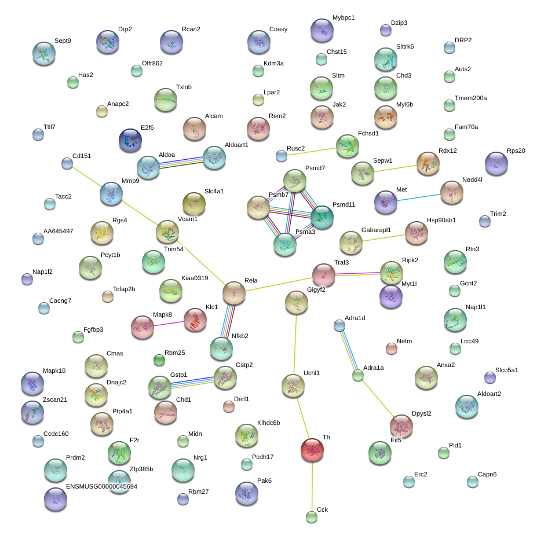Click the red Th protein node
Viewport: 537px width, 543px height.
[312, 450]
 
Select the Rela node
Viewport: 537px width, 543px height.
[234, 293]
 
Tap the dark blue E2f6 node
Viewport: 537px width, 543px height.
[130, 140]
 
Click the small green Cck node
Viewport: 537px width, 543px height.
[312, 517]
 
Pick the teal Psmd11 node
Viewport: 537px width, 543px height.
[322, 217]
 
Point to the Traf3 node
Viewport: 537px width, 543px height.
[324, 275]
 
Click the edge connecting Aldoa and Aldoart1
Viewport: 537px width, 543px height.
[181, 162]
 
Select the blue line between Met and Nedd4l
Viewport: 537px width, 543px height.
[418, 198]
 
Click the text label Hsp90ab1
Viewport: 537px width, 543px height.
[441, 220]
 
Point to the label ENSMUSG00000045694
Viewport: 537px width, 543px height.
[101, 486]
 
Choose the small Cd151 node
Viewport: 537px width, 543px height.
[67, 163]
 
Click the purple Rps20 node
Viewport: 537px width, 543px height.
[496, 163]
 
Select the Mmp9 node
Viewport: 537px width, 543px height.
[111, 193]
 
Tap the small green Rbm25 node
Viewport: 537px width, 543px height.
[159, 360]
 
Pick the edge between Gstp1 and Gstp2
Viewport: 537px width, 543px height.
[192, 381]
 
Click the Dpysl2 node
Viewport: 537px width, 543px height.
[401, 426]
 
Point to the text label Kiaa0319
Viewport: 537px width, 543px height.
[195, 278]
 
